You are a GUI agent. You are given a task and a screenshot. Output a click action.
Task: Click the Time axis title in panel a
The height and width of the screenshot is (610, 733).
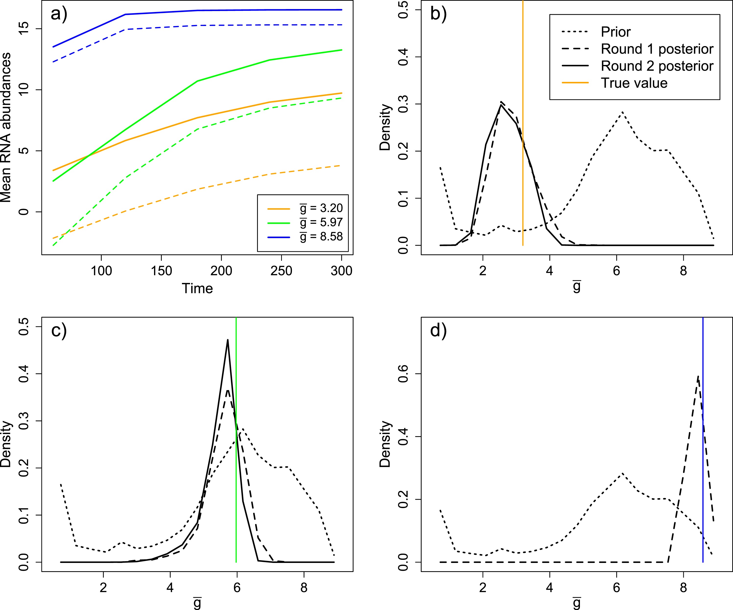click(x=197, y=289)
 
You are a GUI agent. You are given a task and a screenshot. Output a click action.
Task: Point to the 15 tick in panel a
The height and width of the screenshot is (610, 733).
click(x=24, y=29)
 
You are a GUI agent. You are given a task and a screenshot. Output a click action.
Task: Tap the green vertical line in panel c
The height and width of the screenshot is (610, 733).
click(x=236, y=489)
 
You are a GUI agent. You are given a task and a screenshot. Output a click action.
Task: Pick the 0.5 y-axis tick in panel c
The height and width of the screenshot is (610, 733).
click(x=24, y=327)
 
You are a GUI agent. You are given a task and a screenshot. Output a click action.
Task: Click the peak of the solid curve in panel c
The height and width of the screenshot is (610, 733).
click(x=228, y=340)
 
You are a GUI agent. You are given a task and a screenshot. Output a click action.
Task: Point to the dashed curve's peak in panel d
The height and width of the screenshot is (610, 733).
click(x=698, y=376)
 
